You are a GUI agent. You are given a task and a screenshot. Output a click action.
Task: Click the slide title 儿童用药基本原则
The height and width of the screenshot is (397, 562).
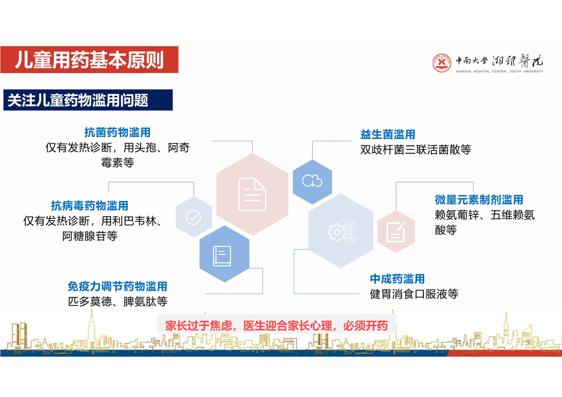point(89,59)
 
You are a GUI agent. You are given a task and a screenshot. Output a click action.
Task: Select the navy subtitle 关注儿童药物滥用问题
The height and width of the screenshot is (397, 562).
point(78,100)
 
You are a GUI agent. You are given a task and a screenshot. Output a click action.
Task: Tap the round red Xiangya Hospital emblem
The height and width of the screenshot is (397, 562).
point(442,63)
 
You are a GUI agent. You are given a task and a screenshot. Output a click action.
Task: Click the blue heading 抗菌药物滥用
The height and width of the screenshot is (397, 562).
point(117,132)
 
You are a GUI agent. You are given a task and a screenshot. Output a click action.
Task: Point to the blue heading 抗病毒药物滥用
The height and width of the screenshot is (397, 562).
point(89,206)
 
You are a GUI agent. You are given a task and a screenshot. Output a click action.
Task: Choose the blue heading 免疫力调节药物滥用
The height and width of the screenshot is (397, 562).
point(118,286)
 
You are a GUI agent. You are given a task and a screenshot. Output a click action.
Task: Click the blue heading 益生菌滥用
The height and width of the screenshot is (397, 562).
point(388,134)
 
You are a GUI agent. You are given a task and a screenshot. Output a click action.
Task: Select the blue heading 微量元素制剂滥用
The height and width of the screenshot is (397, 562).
point(479,199)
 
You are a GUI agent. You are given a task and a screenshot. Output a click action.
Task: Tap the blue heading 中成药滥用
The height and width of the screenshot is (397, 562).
point(398,279)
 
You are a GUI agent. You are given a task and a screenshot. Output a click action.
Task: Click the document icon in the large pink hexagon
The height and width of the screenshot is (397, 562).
point(252,194)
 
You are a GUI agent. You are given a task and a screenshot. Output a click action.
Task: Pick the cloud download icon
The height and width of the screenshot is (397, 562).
point(312,181)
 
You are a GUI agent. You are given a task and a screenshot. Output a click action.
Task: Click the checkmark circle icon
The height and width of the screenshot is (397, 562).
point(193,217)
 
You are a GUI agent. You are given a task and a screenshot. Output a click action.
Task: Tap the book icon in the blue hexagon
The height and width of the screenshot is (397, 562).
point(222,256)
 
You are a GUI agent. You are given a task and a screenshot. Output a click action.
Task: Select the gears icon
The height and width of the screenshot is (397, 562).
point(342,232)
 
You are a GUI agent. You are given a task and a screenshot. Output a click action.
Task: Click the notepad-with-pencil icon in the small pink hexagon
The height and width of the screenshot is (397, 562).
point(396,232)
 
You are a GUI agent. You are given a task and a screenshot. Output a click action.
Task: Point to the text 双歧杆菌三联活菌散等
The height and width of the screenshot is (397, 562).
point(416,149)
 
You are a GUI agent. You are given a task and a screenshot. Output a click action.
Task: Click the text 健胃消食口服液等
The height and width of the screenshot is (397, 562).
point(414,294)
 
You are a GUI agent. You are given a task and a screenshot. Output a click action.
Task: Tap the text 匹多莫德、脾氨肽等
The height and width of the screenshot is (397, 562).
point(118,301)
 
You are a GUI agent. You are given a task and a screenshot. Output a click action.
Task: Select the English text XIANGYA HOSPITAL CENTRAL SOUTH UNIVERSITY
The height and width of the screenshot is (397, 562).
point(500,72)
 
